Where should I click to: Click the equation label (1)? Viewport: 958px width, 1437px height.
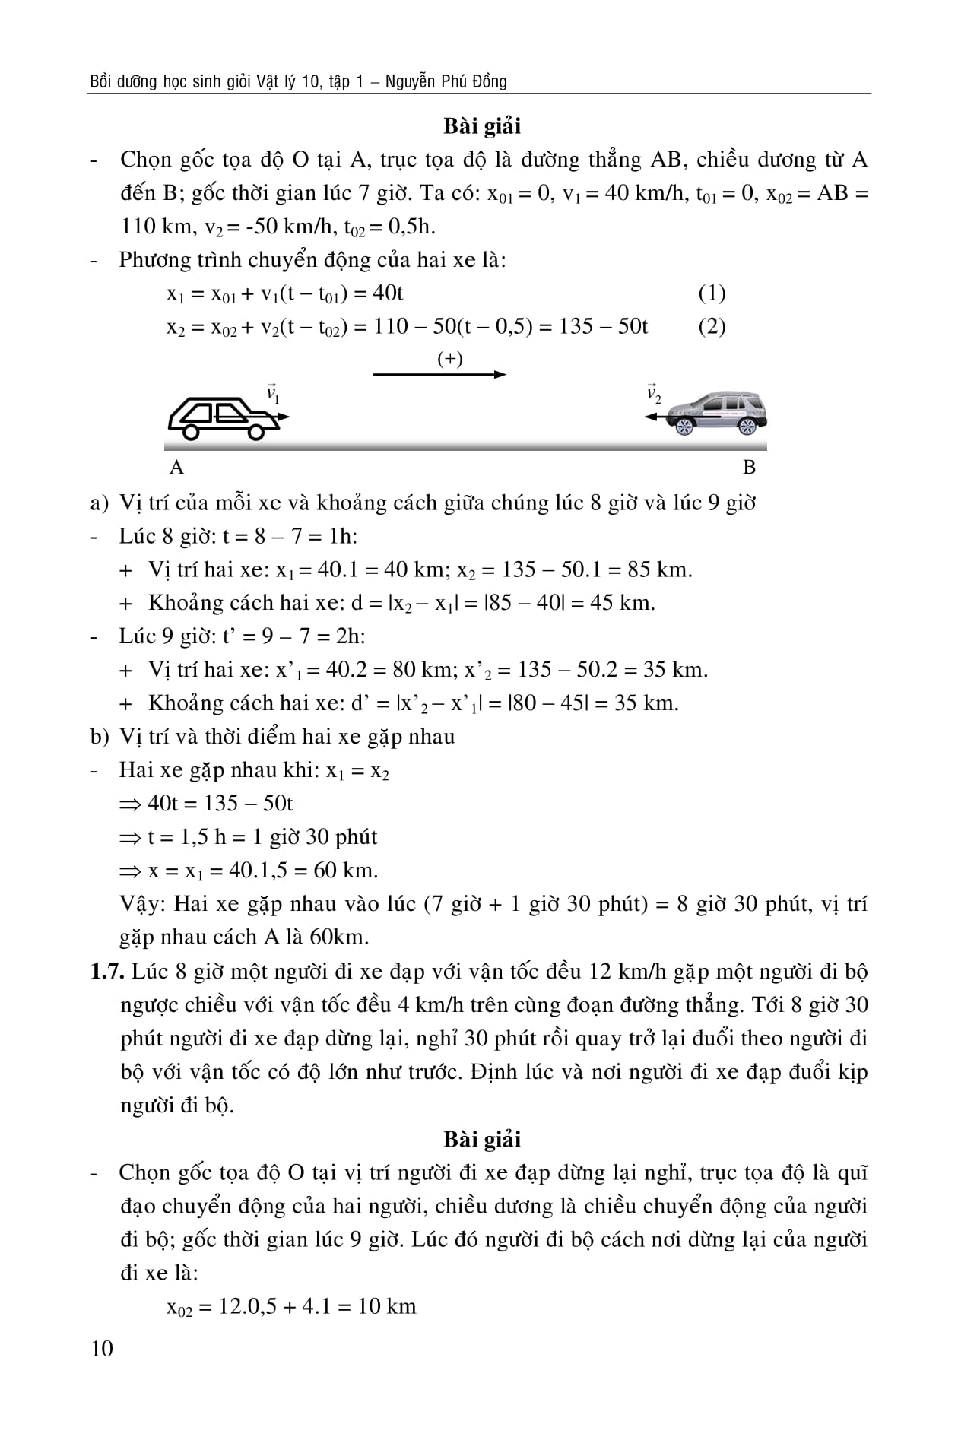[712, 293]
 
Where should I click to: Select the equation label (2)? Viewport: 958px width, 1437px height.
[712, 327]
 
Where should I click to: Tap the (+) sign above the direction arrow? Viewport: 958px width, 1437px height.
[450, 358]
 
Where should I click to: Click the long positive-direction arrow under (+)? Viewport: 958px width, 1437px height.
[439, 374]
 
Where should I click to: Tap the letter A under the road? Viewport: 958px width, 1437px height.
[176, 468]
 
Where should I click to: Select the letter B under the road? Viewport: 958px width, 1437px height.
[749, 468]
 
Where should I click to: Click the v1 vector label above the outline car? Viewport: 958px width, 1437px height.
[273, 394]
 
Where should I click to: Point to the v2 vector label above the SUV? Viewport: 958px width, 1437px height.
[653, 394]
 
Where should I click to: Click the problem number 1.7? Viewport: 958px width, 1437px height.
[105, 972]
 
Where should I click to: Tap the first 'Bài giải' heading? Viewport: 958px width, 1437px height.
[482, 126]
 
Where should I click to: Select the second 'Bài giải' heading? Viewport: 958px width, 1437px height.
[482, 1139]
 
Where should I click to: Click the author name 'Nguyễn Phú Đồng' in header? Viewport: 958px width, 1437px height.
[446, 81]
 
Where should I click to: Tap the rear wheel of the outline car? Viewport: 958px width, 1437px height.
[191, 432]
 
